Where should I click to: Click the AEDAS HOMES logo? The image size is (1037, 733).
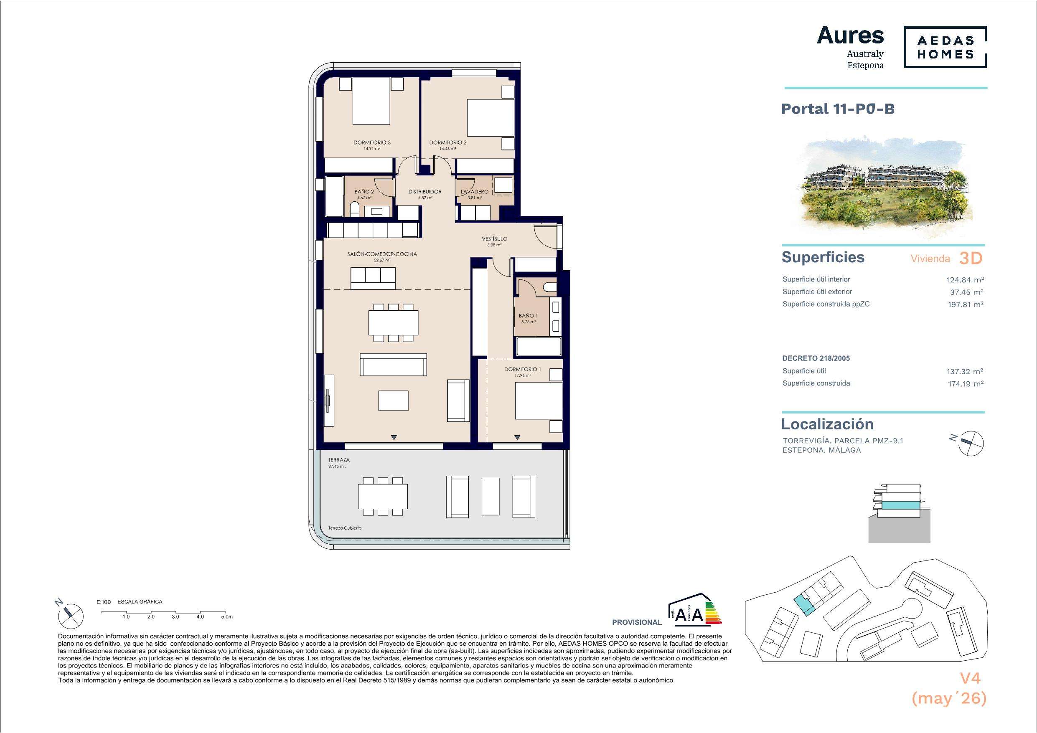pos(945,48)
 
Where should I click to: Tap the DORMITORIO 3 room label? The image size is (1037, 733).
pos(372,143)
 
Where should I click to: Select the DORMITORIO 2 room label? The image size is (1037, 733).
pos(448,143)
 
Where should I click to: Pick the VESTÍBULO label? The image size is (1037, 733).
pos(495,239)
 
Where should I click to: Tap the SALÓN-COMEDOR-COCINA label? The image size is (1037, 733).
pos(382,254)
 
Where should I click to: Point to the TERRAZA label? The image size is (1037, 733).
pos(339,460)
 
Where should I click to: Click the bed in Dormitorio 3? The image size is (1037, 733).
pos(371,101)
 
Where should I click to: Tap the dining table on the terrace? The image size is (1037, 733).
pos(383,496)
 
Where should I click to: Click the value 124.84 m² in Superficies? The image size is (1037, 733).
pos(965,280)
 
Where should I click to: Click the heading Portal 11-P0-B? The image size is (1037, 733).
pos(838,109)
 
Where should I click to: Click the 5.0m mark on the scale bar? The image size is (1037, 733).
pos(227,616)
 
